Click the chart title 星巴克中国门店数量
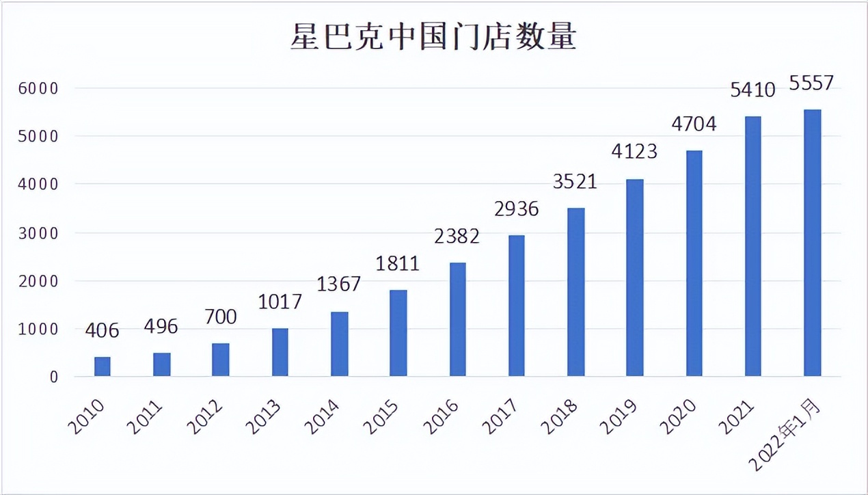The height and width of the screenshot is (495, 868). coord(433,38)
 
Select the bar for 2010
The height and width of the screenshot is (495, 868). coord(103,366)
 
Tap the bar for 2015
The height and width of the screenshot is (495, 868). coord(398,333)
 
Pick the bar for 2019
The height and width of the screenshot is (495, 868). coord(634,278)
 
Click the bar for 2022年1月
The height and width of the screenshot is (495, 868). coord(812,243)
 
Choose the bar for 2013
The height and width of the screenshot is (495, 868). coord(280,352)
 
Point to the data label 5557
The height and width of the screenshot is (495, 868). coord(811,83)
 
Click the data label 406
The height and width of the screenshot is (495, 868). coord(103,331)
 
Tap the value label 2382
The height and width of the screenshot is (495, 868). coord(457,237)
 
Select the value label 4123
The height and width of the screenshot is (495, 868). coord(634,150)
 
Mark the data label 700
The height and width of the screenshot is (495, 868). coord(220,317)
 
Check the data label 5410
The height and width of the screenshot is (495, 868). coord(752,90)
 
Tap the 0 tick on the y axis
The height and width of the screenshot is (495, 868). coord(53,377)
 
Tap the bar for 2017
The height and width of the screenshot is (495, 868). coord(516,306)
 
